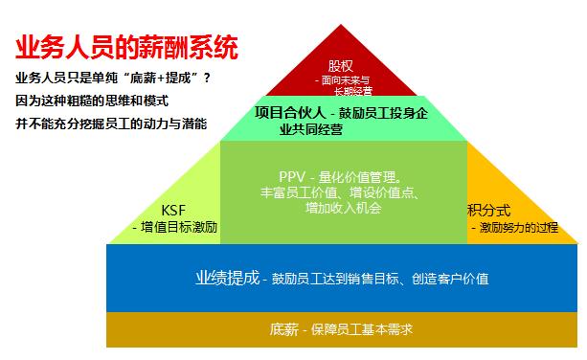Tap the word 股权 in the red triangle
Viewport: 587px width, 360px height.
click(340, 66)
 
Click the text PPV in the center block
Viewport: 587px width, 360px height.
click(292, 177)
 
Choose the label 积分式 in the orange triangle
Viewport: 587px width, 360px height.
click(488, 211)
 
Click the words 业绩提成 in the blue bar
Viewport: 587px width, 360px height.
click(227, 279)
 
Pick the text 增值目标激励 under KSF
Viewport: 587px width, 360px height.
click(179, 228)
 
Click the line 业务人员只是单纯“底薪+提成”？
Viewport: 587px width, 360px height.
click(113, 78)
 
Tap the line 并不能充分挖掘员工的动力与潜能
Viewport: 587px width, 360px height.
click(111, 124)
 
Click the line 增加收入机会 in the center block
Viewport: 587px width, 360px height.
click(344, 208)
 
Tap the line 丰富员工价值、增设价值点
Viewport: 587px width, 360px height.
click(341, 192)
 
